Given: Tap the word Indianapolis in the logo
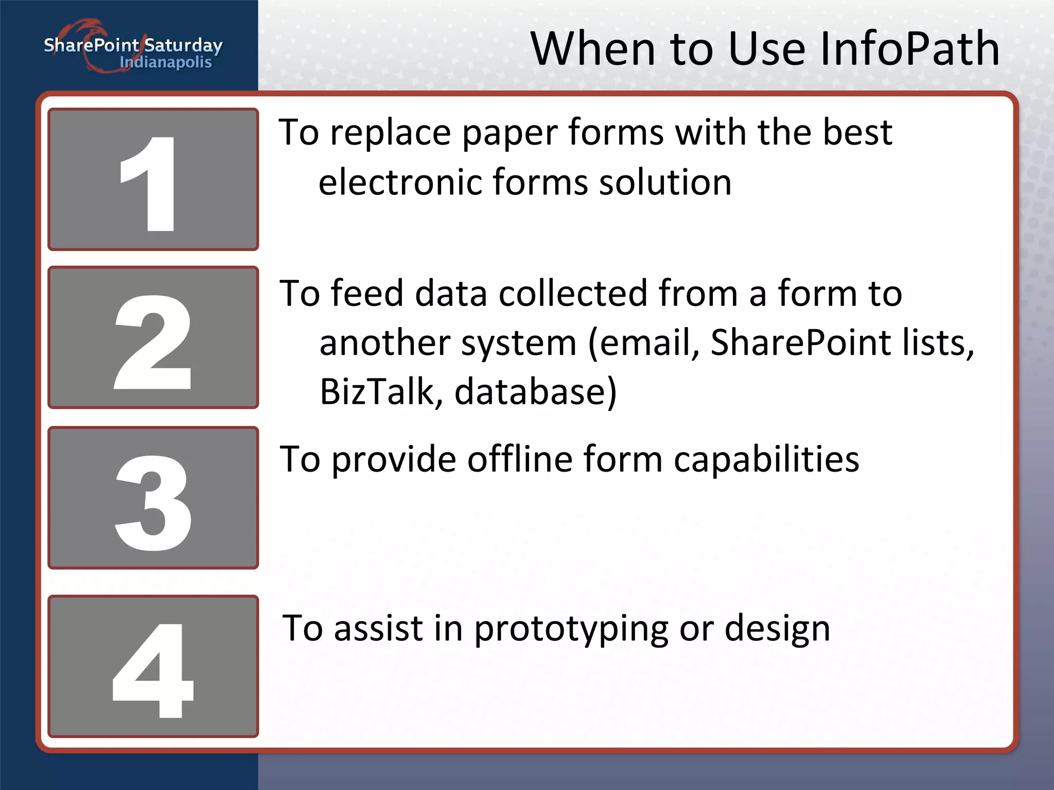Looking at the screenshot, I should [x=166, y=63].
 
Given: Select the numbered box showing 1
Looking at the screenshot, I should [x=153, y=179].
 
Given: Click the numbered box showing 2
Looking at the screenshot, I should [x=153, y=337].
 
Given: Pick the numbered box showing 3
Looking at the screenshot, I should [x=153, y=498].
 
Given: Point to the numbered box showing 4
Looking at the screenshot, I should [x=153, y=667].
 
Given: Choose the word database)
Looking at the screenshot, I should [x=535, y=392].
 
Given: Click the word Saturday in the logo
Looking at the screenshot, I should [x=183, y=45].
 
